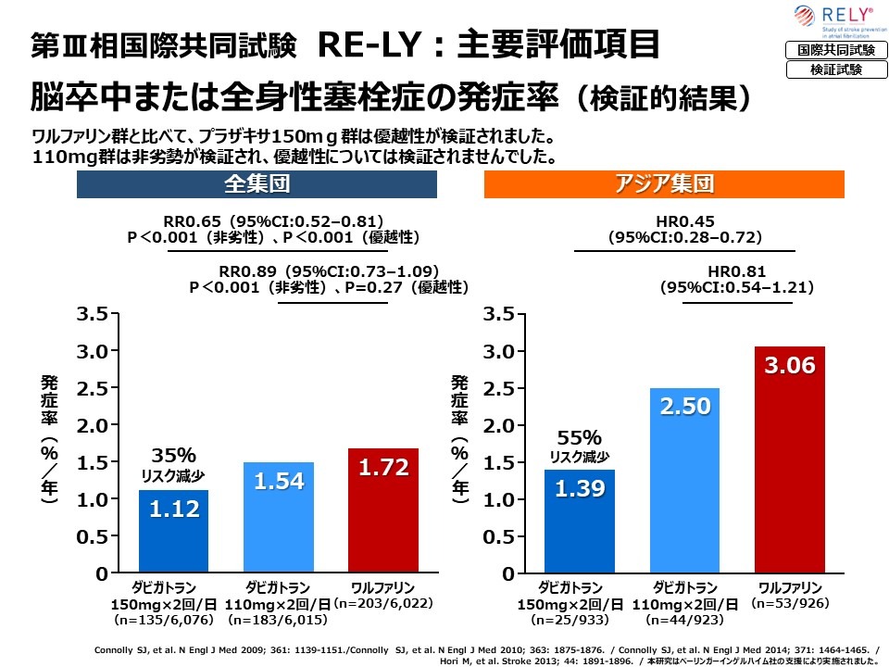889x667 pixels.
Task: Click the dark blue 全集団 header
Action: click(x=257, y=184)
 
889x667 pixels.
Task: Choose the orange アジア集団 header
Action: click(x=665, y=184)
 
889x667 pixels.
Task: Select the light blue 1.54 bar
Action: click(x=279, y=517)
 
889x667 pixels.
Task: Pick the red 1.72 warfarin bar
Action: click(x=383, y=510)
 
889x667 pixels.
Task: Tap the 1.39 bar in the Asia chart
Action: click(x=580, y=521)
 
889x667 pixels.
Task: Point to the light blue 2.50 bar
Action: click(x=684, y=480)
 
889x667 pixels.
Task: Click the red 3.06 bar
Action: click(x=790, y=459)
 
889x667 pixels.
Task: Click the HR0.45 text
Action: click(x=684, y=221)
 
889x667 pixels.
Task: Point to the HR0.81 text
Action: click(x=736, y=271)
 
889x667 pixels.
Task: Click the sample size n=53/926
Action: click(x=790, y=603)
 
